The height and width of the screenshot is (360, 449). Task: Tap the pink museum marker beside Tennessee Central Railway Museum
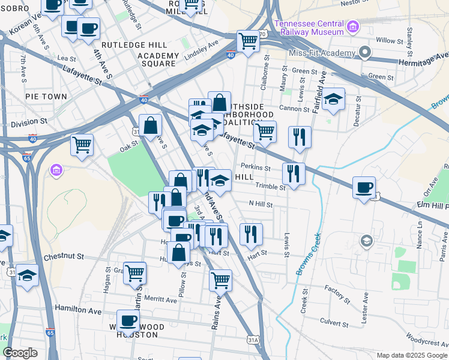tap(352, 26)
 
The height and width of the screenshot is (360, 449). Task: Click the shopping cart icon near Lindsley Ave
tap(248, 41)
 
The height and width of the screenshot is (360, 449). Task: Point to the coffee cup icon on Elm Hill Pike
tap(364, 188)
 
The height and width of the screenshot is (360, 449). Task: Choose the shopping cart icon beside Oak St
tap(82, 144)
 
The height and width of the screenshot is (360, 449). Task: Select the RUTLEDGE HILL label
tap(129, 45)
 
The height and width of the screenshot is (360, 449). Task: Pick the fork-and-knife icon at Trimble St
tap(294, 174)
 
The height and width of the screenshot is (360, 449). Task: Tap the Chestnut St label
tap(64, 257)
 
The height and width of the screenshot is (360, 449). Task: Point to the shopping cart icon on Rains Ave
tap(221, 279)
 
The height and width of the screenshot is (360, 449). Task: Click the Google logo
tap(20, 353)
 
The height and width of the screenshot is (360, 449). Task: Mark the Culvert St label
tap(334, 322)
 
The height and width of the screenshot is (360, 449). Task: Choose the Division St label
tap(29, 122)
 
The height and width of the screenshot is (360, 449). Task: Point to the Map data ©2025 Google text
tap(411, 355)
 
